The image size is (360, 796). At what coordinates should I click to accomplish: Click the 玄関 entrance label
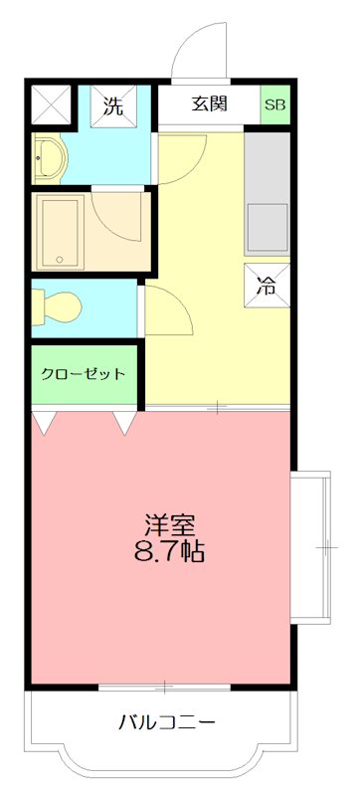pyautogui.click(x=210, y=102)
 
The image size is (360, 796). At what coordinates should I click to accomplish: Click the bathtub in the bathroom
pyautogui.click(x=62, y=230)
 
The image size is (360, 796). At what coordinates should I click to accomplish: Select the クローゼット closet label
pyautogui.click(x=85, y=374)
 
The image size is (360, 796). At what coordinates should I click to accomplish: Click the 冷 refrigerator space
pyautogui.click(x=267, y=288)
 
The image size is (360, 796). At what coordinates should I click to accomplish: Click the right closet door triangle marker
pyautogui.click(x=125, y=423)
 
